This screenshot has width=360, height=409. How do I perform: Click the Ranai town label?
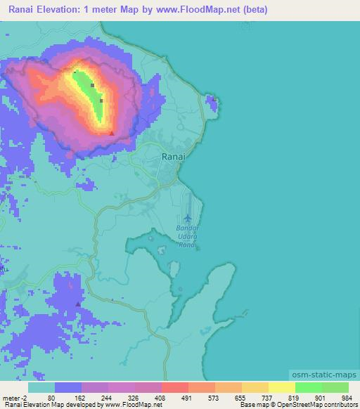[174, 157]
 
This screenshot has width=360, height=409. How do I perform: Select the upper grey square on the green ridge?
[92, 86]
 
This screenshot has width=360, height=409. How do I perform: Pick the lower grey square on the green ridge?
[101, 101]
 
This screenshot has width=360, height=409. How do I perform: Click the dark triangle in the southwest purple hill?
[77, 304]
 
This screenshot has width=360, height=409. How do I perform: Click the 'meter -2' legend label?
[15, 397]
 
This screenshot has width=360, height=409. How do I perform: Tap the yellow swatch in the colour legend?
[281, 387]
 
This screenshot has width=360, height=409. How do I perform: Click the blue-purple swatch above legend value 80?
[68, 387]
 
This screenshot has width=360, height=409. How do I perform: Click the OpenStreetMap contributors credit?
[317, 405]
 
